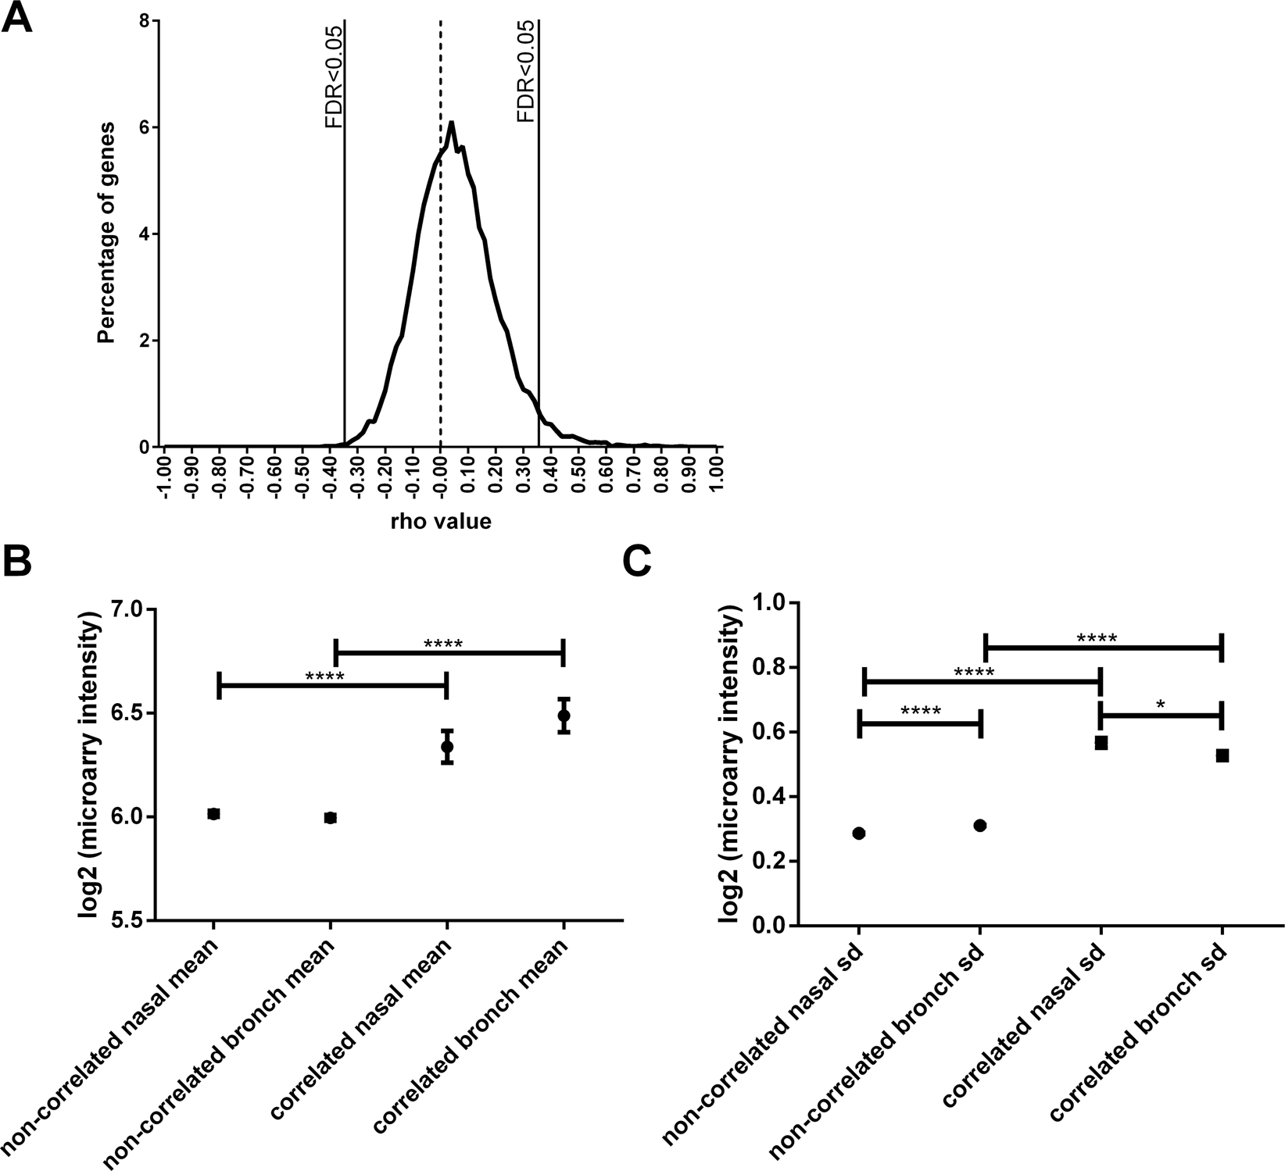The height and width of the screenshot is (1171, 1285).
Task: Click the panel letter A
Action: click(17, 17)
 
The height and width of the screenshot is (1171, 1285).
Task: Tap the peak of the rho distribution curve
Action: click(451, 123)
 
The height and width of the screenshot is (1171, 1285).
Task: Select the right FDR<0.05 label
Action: click(526, 72)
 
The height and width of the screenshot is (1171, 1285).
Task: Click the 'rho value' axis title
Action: click(441, 521)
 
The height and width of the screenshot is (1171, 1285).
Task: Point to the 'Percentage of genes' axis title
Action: click(108, 233)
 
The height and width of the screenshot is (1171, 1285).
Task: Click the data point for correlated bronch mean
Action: click(564, 715)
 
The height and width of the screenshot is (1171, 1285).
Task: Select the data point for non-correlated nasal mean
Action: click(213, 813)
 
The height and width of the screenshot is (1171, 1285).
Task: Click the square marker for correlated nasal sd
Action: click(1101, 743)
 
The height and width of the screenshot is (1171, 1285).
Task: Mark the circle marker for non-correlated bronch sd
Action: click(980, 826)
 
